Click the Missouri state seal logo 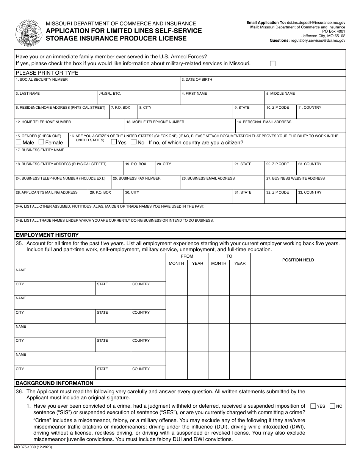tap(28, 33)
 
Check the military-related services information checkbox tap(272, 64)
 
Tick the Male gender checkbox tap(19, 142)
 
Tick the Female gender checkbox tap(42, 142)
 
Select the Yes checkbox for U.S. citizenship tap(114, 142)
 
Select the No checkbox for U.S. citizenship tap(133, 142)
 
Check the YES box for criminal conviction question tap(313, 406)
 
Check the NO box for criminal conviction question tap(332, 406)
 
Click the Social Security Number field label tap(42, 80)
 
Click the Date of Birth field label tap(197, 80)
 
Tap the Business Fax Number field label tap(137, 178)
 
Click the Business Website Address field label tap(295, 178)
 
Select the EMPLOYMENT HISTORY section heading tap(47, 235)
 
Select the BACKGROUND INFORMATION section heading tap(55, 383)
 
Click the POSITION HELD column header tap(298, 260)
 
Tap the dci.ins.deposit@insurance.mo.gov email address tap(316, 23)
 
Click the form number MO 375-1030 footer tap(34, 447)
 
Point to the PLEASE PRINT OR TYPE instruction tap(47, 73)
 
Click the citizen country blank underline tap(295, 144)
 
